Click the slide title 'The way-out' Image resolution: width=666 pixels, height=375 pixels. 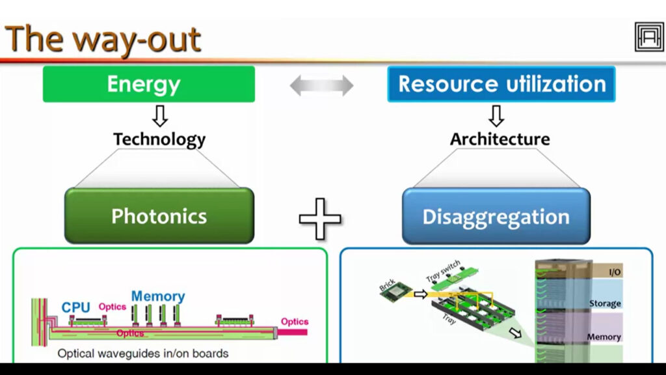[x=103, y=39]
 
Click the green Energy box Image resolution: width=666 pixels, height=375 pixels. [x=148, y=84]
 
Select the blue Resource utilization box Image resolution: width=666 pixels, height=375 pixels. [x=501, y=84]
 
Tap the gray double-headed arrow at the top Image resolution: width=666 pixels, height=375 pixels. [x=321, y=85]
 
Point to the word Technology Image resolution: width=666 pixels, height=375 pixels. [x=159, y=139]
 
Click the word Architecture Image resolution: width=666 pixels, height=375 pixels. [x=499, y=139]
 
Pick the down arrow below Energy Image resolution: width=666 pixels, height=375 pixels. [x=159, y=115]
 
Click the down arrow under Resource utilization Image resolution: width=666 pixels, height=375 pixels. [x=497, y=115]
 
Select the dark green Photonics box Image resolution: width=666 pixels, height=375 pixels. [x=159, y=216]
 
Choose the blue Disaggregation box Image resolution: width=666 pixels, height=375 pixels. [x=496, y=216]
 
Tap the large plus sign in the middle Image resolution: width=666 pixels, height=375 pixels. [x=320, y=218]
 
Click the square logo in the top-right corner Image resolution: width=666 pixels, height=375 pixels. [x=648, y=36]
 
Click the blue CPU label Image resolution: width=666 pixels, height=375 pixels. [x=75, y=307]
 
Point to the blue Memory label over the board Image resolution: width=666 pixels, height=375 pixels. [x=158, y=296]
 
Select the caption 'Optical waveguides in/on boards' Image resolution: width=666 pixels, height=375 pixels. [x=143, y=354]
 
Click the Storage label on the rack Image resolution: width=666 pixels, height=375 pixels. [x=604, y=303]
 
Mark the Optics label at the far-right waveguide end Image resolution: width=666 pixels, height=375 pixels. [x=294, y=322]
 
